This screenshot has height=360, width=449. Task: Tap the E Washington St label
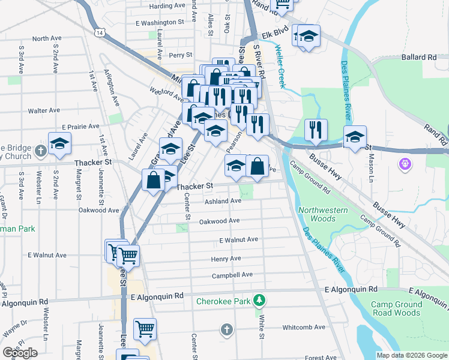click(160, 22)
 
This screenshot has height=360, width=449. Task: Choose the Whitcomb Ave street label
click(304, 327)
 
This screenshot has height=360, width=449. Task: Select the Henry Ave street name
click(226, 259)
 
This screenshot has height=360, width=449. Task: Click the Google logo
click(20, 352)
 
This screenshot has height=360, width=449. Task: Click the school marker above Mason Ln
click(355, 136)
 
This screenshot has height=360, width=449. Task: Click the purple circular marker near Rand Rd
click(405, 163)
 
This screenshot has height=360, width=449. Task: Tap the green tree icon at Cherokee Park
click(259, 299)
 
